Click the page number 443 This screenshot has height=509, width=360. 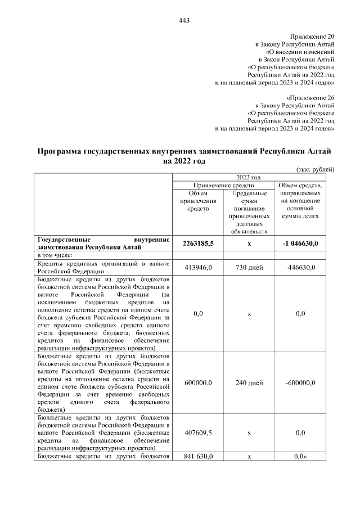pyautogui.click(x=183, y=21)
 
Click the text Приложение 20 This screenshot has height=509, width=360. pyautogui.click(x=312, y=35)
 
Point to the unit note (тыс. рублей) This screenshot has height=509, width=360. pyautogui.click(x=315, y=169)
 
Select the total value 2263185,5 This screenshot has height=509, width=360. pyautogui.click(x=198, y=243)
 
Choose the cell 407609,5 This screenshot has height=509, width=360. pyautogui.click(x=198, y=433)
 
